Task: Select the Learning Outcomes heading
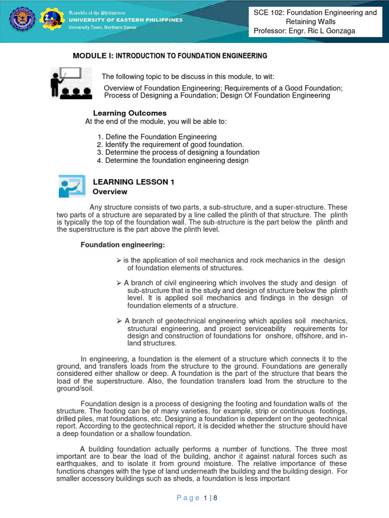[130, 113]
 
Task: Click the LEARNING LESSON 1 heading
[133, 182]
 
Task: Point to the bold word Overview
[110, 192]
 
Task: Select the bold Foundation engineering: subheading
[123, 245]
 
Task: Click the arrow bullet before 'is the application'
[119, 260]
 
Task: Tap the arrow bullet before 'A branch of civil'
[119, 283]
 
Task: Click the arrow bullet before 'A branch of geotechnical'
[119, 321]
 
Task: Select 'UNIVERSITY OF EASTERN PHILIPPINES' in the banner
[126, 20]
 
